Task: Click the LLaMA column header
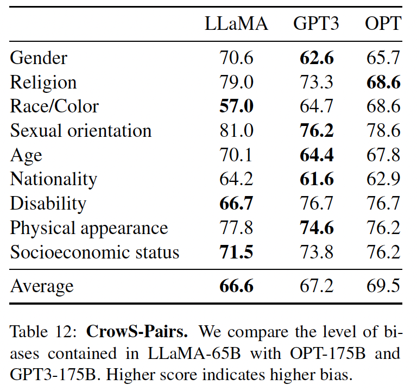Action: click(236, 23)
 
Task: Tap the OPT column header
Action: click(383, 23)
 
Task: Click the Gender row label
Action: click(39, 57)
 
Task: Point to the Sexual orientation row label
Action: click(80, 130)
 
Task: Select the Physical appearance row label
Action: click(89, 228)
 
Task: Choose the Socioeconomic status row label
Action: click(94, 253)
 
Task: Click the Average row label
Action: click(41, 286)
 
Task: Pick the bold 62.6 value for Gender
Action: click(317, 57)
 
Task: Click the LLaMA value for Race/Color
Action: click(236, 106)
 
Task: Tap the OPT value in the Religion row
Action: click(383, 82)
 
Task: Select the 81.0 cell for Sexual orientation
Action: click(236, 130)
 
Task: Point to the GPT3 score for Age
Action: click(317, 155)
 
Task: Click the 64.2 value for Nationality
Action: click(236, 179)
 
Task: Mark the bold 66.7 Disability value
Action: click(236, 204)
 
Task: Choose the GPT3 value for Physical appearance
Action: click(317, 228)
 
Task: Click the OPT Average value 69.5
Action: click(383, 286)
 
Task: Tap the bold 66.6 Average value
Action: click(236, 286)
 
